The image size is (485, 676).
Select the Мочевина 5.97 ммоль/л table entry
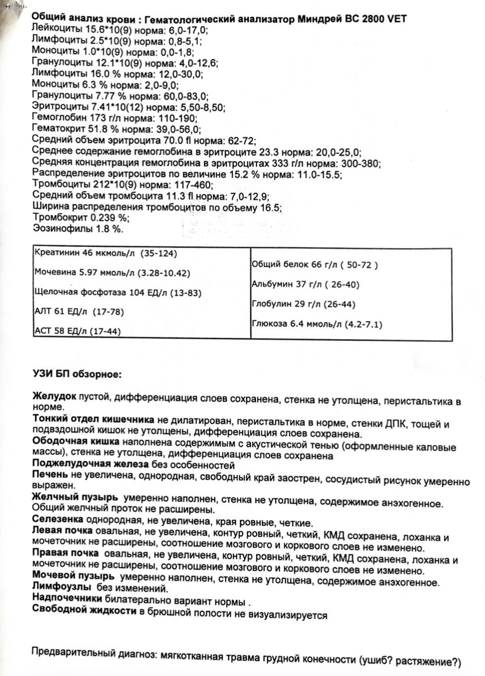[111, 272]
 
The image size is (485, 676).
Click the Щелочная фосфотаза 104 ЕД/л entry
[118, 292]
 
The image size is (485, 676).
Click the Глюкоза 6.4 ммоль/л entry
[317, 324]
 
